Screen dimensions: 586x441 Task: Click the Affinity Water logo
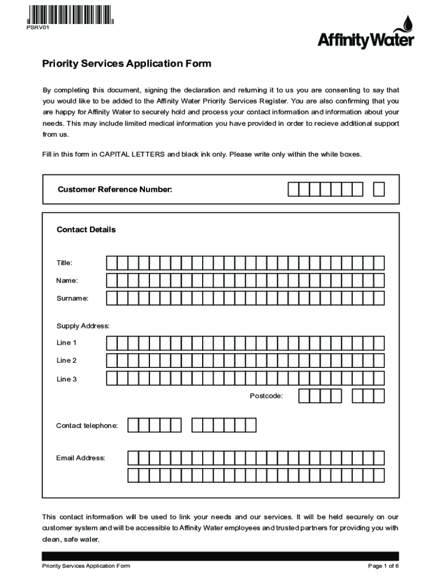tap(365, 34)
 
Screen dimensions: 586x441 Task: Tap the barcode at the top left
tap(70, 13)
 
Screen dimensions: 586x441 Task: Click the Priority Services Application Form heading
tap(127, 64)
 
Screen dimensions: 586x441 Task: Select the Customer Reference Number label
tap(115, 189)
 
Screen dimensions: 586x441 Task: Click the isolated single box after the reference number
tap(379, 189)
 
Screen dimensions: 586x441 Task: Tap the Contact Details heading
tap(86, 229)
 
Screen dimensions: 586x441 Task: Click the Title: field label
tap(64, 263)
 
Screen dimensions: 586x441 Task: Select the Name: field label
tap(67, 280)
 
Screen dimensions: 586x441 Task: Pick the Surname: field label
tap(72, 298)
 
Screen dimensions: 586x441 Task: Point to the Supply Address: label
tap(82, 326)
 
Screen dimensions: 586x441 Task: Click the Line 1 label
tap(66, 343)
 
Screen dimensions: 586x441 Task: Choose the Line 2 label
tap(66, 361)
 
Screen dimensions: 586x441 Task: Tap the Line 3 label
tap(66, 379)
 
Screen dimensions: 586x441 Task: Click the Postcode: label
tap(266, 396)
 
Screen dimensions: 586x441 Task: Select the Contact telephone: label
tap(87, 425)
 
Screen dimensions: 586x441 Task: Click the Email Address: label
tap(80, 458)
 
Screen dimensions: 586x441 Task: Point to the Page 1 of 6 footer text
tap(383, 566)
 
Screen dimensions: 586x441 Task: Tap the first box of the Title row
tap(111, 263)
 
